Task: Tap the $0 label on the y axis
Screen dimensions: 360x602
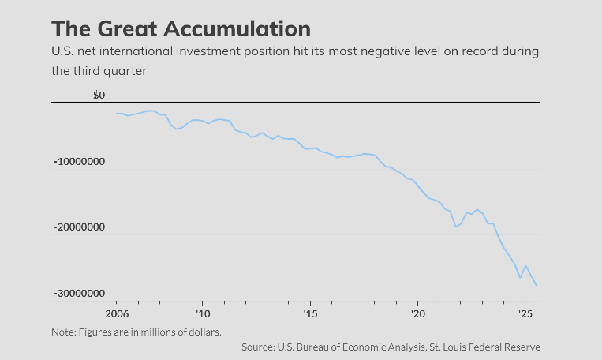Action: (99, 96)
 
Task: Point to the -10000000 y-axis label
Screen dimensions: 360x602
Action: (80, 162)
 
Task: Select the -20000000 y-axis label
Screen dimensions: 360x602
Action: (80, 227)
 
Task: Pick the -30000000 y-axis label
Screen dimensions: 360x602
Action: (80, 293)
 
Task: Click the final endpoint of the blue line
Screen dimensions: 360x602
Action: (537, 285)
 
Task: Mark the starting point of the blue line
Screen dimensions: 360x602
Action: (117, 114)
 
